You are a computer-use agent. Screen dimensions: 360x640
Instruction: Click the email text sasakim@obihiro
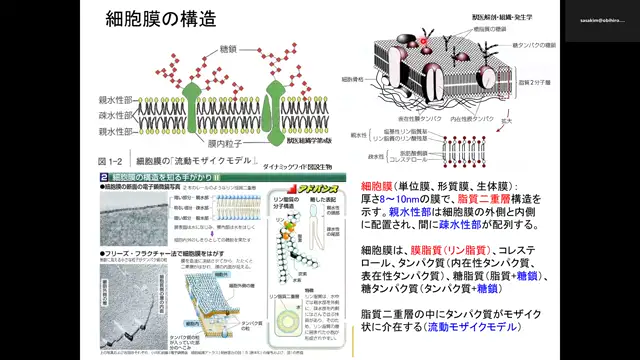[x=599, y=20]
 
